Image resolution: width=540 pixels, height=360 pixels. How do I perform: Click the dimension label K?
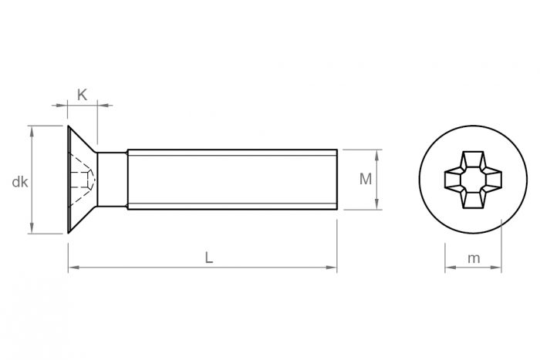tap(82, 95)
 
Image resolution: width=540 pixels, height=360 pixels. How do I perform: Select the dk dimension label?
tap(20, 182)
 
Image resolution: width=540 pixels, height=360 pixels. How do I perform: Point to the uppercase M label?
tap(366, 179)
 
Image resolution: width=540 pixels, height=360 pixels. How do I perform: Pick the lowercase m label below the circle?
tap(474, 258)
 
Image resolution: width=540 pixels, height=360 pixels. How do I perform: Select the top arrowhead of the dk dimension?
tap(32, 130)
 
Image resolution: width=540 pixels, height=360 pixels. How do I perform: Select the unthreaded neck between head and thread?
tap(113, 180)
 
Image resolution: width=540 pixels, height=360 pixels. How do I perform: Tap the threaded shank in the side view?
tap(231, 180)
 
